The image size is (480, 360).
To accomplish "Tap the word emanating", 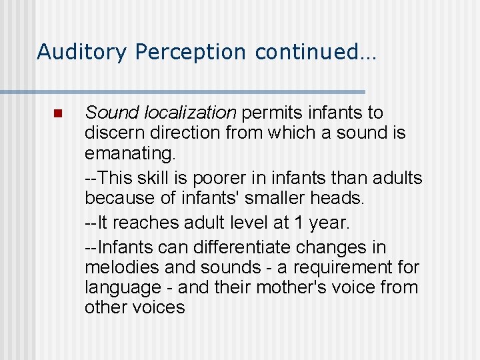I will click(x=130, y=154).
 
